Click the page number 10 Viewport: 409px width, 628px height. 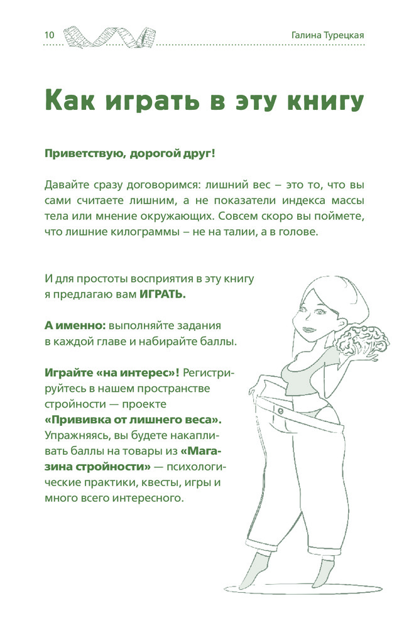(48, 35)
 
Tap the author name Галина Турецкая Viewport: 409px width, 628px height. (327, 35)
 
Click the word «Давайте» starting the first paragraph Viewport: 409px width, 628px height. (68, 187)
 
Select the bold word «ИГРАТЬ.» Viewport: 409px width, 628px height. (162, 294)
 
